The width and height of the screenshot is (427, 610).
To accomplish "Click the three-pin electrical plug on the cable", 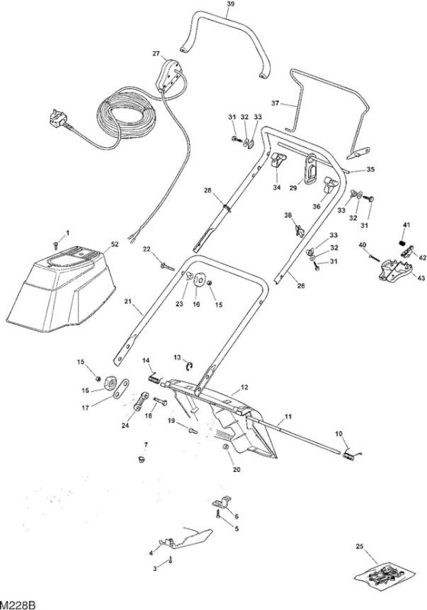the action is tap(59, 119).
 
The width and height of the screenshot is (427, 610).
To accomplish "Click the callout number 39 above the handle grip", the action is tap(231, 5).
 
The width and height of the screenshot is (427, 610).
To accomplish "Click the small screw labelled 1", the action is tap(56, 245).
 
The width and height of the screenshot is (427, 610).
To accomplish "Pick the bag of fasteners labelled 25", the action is tap(385, 573).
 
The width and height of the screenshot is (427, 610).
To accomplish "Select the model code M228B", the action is tap(18, 605).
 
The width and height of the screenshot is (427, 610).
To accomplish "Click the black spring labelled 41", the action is tap(403, 243).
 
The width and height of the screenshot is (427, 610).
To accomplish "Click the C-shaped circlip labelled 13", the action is tap(189, 366).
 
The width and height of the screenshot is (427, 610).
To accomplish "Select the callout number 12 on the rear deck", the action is tap(244, 387).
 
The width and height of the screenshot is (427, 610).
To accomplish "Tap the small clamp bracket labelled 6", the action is tap(222, 502).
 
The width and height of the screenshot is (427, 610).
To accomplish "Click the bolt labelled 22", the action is tap(167, 266).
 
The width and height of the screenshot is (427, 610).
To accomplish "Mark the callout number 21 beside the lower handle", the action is tap(128, 300).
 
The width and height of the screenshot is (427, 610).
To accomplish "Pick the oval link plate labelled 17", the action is tap(121, 388).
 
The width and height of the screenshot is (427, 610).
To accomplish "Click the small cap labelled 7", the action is tap(142, 460).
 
